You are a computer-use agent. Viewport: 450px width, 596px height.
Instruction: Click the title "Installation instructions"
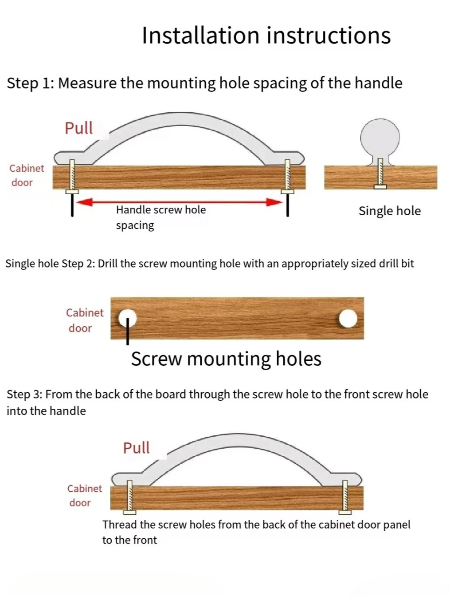point(266,36)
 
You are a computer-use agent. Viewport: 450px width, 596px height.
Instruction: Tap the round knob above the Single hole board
point(380,137)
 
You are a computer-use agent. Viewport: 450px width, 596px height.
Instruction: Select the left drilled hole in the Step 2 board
point(127,318)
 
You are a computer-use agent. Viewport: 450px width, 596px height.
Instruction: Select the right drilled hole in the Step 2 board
point(348,318)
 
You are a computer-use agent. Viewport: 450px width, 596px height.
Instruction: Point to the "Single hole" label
point(389,211)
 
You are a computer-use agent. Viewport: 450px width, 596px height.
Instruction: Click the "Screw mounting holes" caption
point(226,359)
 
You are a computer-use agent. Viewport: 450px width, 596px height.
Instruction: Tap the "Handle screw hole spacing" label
point(160,217)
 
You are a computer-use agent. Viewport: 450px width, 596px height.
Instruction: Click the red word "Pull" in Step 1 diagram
point(78,128)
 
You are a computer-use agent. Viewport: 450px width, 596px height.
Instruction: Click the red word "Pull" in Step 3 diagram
point(136,447)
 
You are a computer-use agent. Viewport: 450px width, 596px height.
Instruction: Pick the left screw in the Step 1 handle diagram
point(72,177)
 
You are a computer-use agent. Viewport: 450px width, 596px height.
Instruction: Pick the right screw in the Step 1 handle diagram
point(287,177)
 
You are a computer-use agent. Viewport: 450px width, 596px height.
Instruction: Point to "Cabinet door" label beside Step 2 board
point(84,320)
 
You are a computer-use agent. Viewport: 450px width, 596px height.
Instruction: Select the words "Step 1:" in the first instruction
point(30,83)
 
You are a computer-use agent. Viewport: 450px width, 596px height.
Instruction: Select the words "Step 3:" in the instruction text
point(24,395)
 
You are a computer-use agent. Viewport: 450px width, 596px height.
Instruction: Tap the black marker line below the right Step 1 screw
point(288,205)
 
